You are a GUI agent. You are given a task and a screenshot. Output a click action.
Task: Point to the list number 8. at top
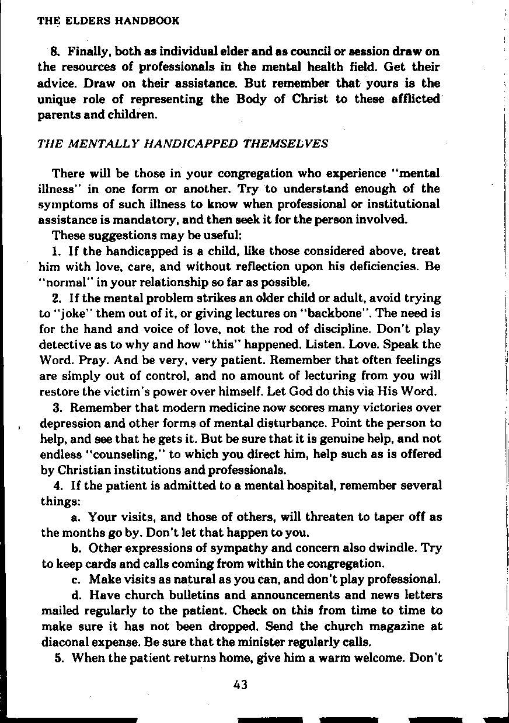(56, 52)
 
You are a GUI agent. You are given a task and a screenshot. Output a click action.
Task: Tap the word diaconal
(66, 642)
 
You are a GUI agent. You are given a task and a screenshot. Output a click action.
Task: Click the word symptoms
(64, 204)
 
